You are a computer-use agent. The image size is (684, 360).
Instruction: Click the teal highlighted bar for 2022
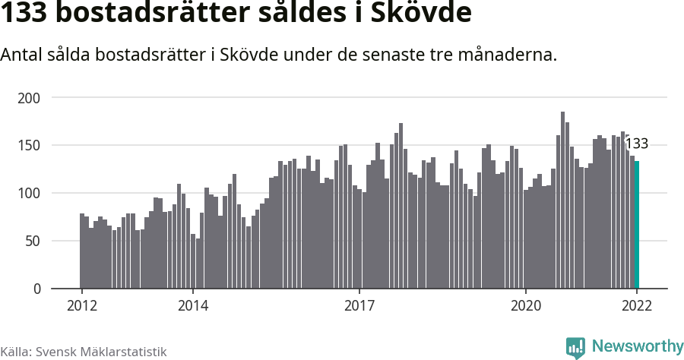click(637, 225)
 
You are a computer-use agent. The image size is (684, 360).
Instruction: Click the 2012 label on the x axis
click(82, 305)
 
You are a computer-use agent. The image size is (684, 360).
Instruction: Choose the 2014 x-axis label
click(193, 305)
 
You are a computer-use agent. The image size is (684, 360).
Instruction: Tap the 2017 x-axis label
click(359, 305)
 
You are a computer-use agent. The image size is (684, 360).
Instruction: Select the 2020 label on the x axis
click(526, 305)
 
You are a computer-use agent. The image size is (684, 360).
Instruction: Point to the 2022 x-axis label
click(637, 305)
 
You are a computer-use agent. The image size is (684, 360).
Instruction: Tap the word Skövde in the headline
click(423, 14)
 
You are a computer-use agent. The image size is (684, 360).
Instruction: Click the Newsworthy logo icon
click(575, 348)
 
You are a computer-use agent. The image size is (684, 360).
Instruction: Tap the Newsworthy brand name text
click(637, 347)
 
